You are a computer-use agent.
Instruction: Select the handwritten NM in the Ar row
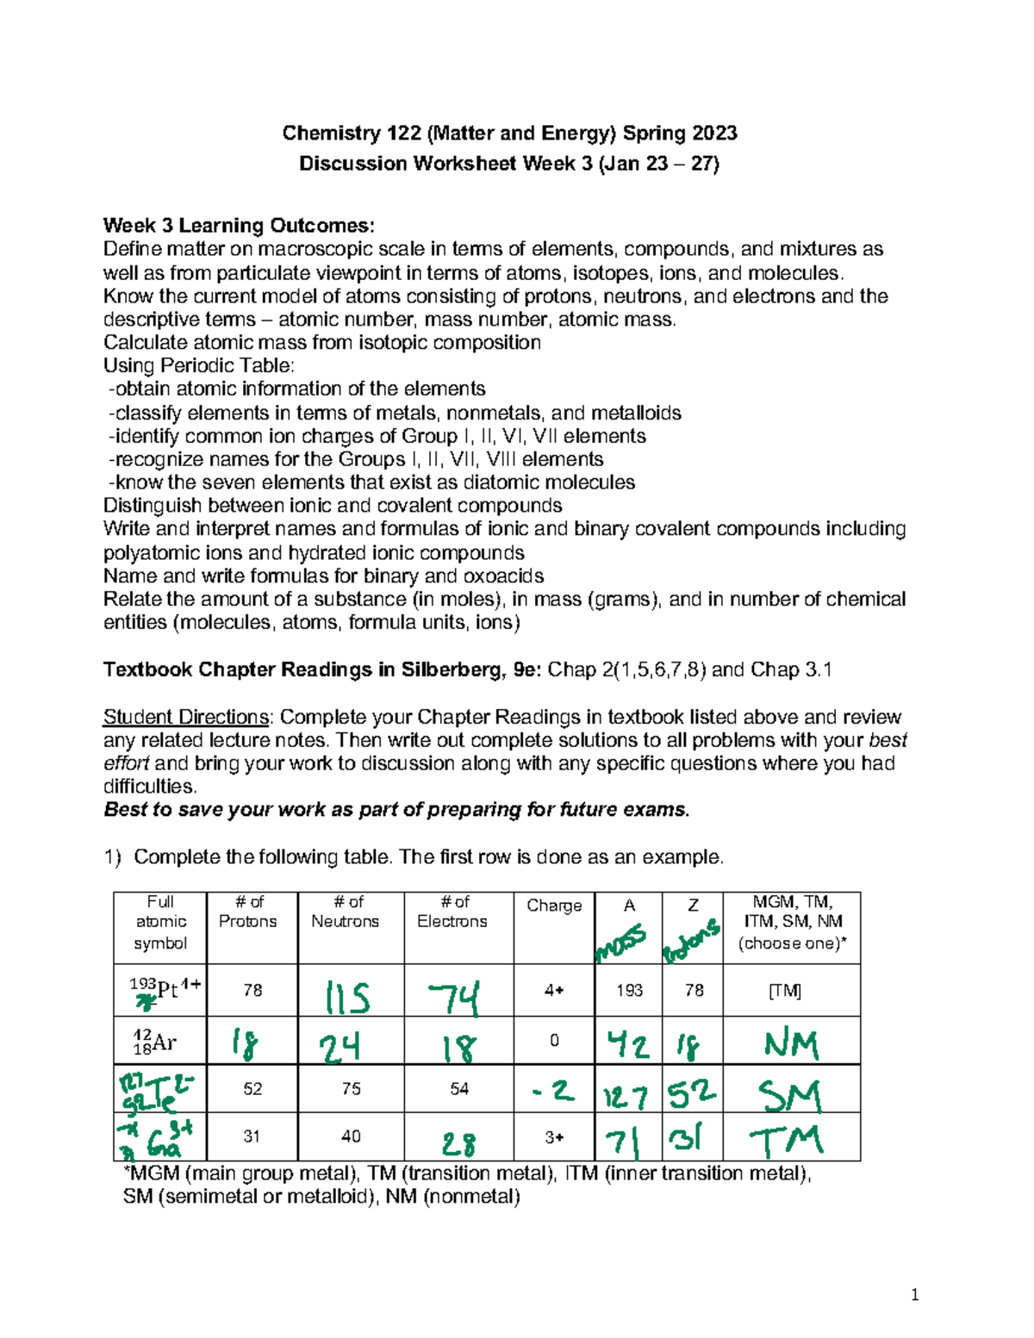coord(791,1044)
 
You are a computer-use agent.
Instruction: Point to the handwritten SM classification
coord(789,1096)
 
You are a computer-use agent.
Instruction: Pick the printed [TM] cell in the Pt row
coord(784,991)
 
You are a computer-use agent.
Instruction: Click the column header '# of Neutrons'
coord(345,912)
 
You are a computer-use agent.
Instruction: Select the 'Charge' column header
coord(554,905)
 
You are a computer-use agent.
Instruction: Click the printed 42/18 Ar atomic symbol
coord(155,1042)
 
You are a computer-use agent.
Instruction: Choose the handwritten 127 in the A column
coord(626,1097)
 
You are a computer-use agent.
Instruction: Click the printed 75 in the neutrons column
coord(351,1089)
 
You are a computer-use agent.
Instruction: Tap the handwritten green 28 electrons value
coord(459,1143)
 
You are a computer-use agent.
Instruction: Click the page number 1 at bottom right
coord(914,1295)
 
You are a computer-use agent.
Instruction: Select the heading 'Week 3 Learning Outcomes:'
coord(239,226)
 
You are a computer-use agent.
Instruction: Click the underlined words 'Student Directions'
coord(186,717)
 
